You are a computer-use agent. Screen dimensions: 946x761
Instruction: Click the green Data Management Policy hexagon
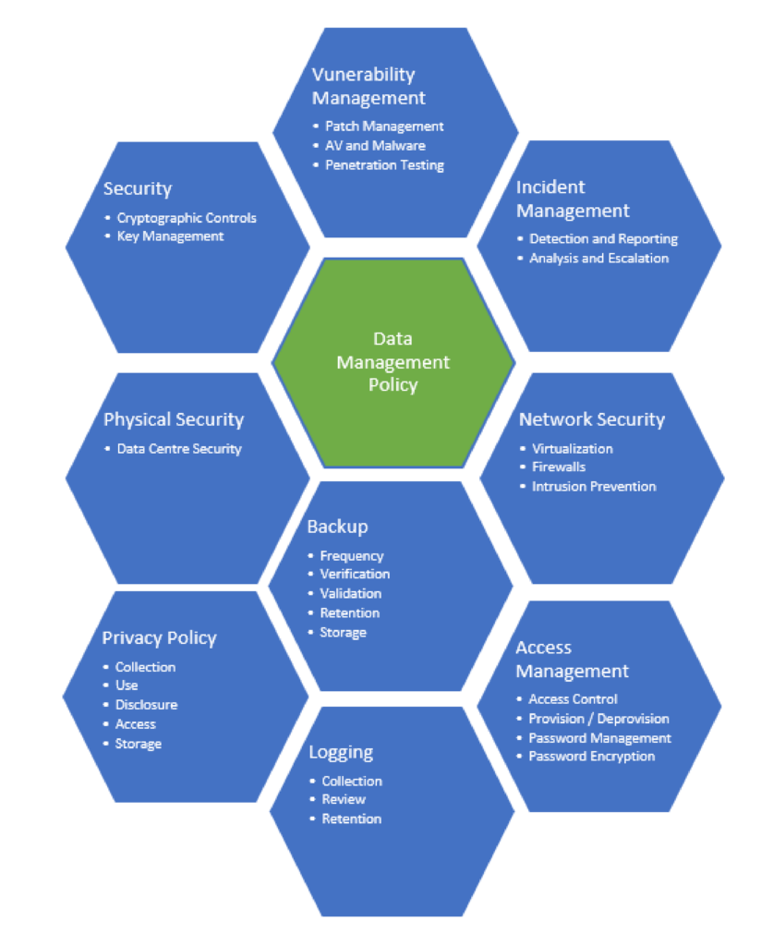tap(393, 362)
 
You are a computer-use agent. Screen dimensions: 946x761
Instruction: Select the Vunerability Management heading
tap(368, 86)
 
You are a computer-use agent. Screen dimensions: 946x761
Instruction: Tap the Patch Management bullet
tap(384, 126)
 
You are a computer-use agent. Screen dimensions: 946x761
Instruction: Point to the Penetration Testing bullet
tap(384, 165)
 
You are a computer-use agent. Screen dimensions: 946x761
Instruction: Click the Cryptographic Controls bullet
tap(187, 218)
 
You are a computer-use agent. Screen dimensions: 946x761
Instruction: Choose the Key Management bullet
tap(170, 236)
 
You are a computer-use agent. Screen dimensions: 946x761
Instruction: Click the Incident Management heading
tap(573, 200)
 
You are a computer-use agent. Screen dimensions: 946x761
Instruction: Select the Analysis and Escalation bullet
tap(598, 259)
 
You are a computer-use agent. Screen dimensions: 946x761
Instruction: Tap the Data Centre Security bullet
tap(178, 449)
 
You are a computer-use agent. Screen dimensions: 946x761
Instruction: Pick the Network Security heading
tap(591, 419)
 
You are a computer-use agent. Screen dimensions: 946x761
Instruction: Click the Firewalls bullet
tap(558, 467)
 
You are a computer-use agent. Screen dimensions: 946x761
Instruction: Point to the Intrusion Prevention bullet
tap(593, 487)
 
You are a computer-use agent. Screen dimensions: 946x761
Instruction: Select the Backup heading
tap(337, 527)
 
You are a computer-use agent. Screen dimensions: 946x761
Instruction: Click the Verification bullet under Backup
tap(355, 575)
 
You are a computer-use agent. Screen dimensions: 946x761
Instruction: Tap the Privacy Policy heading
tap(159, 638)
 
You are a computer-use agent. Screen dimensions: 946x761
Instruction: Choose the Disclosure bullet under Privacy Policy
tap(146, 705)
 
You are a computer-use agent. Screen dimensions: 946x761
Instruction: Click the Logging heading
tap(341, 752)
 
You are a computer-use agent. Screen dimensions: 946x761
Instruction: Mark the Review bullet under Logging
tap(343, 799)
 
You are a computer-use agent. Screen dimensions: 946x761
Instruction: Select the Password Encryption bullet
tap(591, 757)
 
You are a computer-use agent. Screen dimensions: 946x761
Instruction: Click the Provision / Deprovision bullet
tap(598, 719)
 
